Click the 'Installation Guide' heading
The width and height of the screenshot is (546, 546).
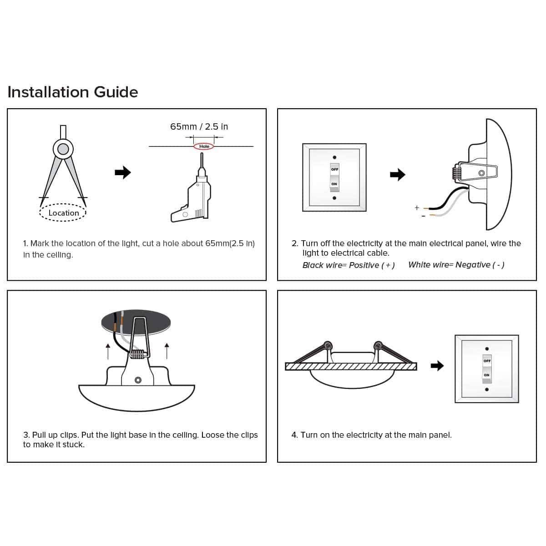pyautogui.click(x=73, y=92)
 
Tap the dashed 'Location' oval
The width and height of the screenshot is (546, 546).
pyautogui.click(x=63, y=204)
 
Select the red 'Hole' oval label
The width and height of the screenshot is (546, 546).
pyautogui.click(x=204, y=147)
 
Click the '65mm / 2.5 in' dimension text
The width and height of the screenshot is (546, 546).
pyautogui.click(x=199, y=126)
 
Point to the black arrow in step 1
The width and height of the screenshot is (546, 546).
pyautogui.click(x=123, y=172)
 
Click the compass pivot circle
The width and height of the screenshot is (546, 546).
pyautogui.click(x=63, y=149)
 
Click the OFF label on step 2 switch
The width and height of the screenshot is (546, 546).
pyautogui.click(x=334, y=169)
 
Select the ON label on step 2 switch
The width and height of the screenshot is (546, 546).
pyautogui.click(x=334, y=184)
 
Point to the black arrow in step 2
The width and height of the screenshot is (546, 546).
pyautogui.click(x=398, y=175)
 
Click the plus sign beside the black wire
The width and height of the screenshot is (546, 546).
pyautogui.click(x=417, y=207)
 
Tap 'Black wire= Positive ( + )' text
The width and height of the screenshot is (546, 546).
pyautogui.click(x=349, y=265)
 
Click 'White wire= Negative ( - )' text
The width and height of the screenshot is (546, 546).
pyautogui.click(x=456, y=265)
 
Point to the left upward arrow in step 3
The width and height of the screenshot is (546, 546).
pyautogui.click(x=108, y=351)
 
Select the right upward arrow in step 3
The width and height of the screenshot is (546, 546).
pyautogui.click(x=167, y=351)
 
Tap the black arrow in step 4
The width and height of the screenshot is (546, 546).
pyautogui.click(x=437, y=366)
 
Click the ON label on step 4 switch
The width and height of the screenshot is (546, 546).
pyautogui.click(x=486, y=375)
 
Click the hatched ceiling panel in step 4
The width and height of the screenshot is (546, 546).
pyautogui.click(x=351, y=367)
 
